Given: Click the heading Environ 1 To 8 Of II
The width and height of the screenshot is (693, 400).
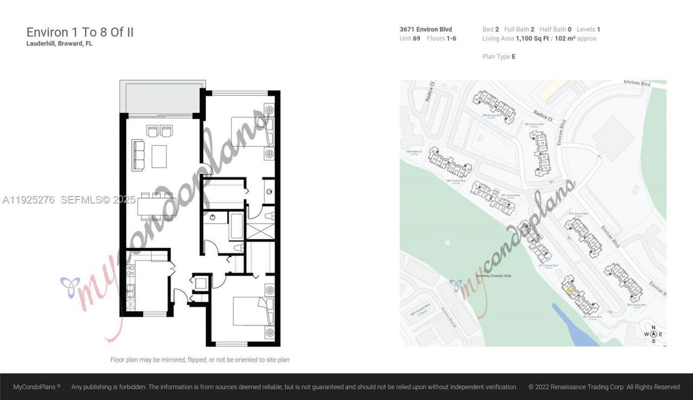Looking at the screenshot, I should tap(80, 32).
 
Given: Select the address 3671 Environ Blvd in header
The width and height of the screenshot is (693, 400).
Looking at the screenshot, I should tap(418, 29).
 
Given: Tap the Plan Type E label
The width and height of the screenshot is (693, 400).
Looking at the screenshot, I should tap(499, 56).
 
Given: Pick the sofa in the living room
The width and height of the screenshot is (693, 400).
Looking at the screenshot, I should tap(138, 155).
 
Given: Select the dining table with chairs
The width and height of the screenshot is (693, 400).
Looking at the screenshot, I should tap(156, 207).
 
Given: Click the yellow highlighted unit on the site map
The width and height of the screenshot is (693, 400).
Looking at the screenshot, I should tap(570, 291).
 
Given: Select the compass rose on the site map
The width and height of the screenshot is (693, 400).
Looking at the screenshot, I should tap(653, 334).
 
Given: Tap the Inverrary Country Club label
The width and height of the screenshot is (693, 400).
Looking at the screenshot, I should tap(493, 276).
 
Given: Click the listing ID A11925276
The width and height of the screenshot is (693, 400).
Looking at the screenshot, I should tap(29, 200).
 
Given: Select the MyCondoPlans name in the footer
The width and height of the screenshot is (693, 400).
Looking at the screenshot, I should tap(36, 387).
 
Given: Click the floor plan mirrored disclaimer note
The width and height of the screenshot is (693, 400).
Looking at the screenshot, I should tap(200, 360).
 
